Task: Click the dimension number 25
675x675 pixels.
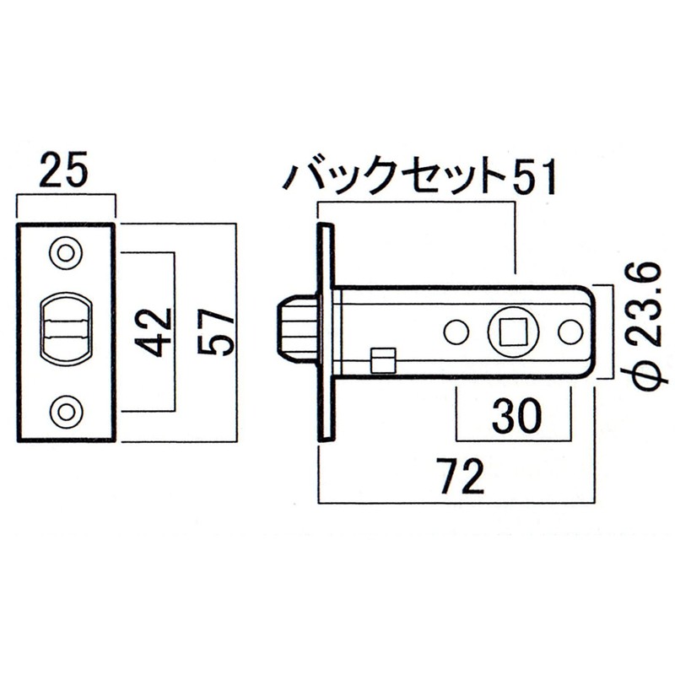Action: (64, 171)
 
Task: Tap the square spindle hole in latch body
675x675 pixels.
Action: (511, 332)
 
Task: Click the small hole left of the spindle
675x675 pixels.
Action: (456, 332)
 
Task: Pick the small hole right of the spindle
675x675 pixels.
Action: (570, 332)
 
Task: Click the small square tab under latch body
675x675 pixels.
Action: (383, 359)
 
